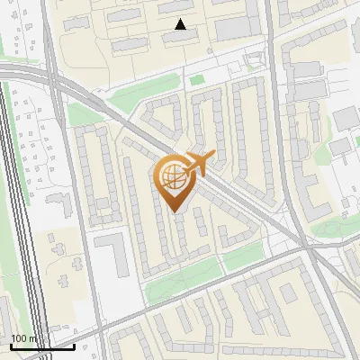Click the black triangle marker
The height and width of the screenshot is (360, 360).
[x=181, y=24]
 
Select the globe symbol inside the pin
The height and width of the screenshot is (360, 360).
[x=174, y=178]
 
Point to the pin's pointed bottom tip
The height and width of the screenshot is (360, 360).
[x=175, y=211]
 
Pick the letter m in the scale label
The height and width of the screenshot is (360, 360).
[x=33, y=338]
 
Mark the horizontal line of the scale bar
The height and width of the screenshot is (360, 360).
[x=41, y=346]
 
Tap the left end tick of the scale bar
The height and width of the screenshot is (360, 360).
[x=10, y=345]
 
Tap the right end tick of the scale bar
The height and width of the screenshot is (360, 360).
[x=74, y=345]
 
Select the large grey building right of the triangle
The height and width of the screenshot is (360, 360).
[x=236, y=28]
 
